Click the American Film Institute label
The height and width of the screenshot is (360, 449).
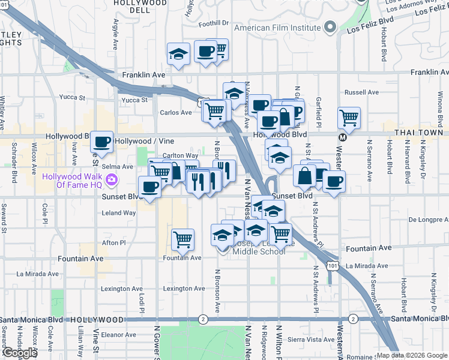click(x=277, y=28)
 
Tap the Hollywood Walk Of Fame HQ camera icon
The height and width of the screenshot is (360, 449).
click(x=111, y=179)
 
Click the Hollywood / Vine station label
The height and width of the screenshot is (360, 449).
click(x=144, y=141)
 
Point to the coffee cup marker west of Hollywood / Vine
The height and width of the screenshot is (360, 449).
click(x=102, y=142)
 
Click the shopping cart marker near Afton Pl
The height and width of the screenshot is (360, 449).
click(x=182, y=240)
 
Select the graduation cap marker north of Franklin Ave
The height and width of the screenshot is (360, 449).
click(x=178, y=54)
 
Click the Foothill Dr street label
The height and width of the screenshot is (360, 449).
click(x=215, y=23)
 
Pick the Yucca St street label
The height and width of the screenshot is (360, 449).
click(x=134, y=100)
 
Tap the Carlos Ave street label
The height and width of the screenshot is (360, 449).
click(x=175, y=112)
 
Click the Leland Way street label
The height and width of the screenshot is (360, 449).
click(x=119, y=212)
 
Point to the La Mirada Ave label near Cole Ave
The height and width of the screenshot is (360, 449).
click(x=38, y=274)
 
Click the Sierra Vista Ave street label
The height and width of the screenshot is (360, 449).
click(x=312, y=339)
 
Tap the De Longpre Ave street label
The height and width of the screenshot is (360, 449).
click(x=429, y=220)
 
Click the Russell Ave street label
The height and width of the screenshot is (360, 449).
click(x=361, y=92)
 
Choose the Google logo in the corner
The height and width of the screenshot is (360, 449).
click(x=19, y=353)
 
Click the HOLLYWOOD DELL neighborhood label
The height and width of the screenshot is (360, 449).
click(x=142, y=7)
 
